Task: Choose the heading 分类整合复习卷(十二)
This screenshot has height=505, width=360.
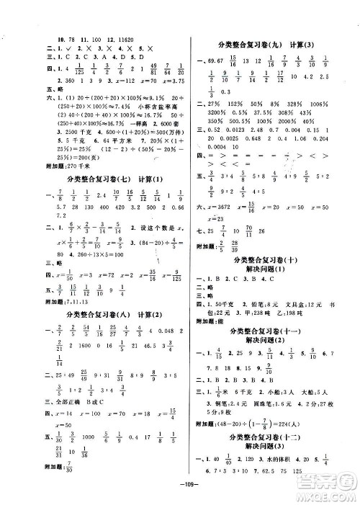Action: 267,428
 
